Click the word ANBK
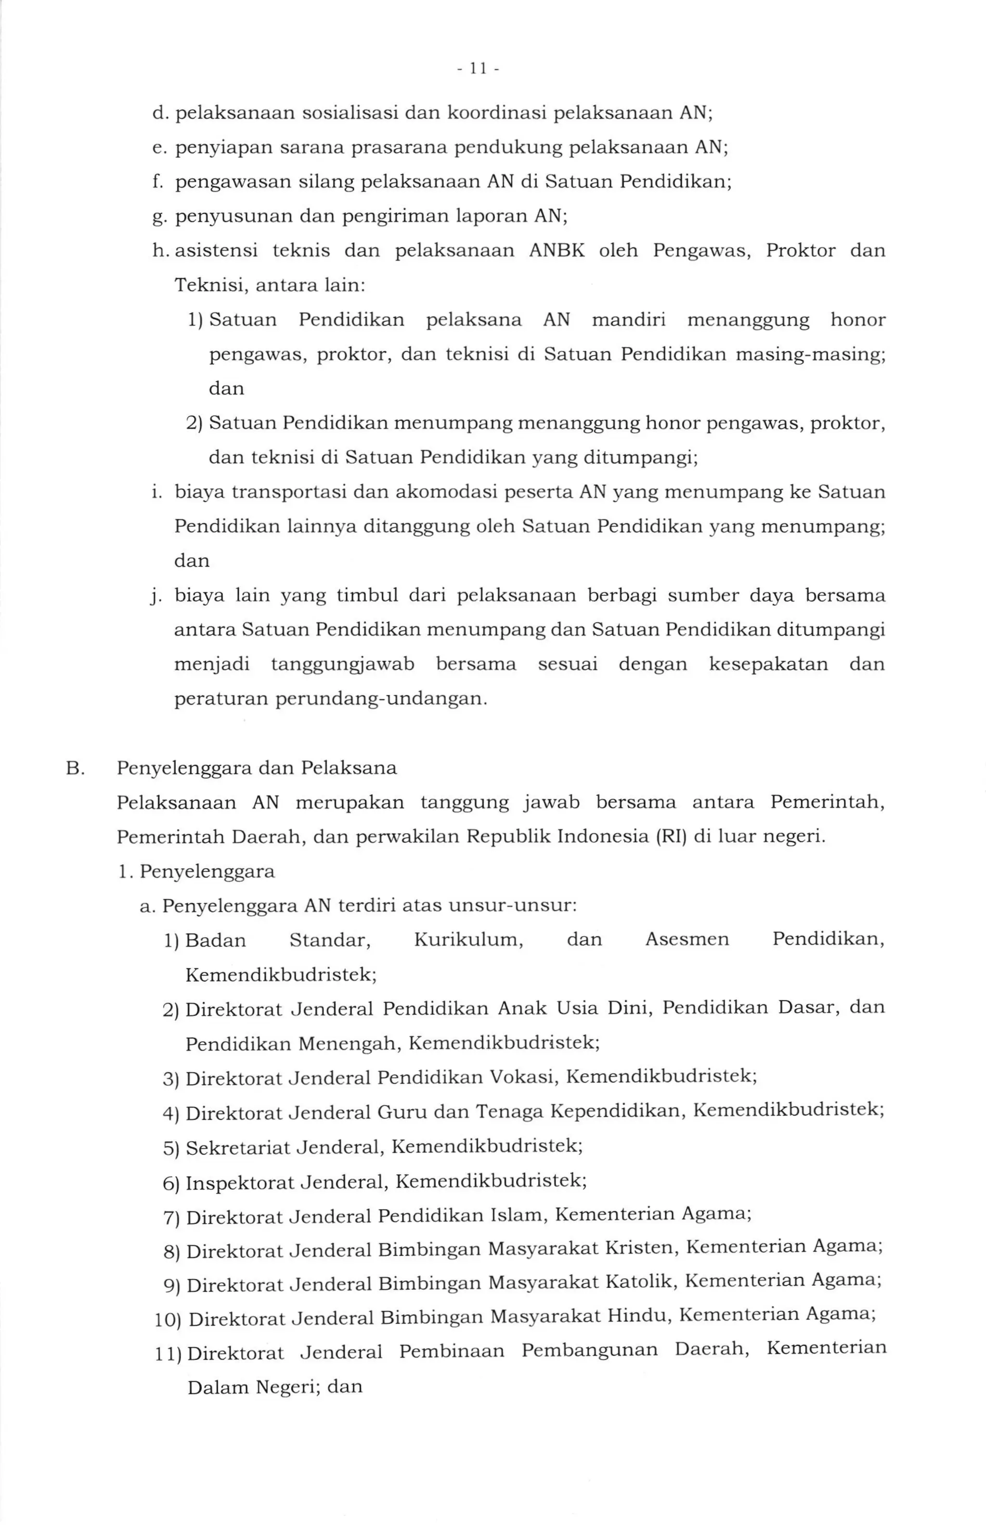coord(557,250)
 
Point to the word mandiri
coord(629,320)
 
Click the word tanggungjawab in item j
coord(342,664)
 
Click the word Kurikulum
coord(468,940)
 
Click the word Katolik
coord(640,1282)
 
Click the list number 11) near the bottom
coord(168,1352)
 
